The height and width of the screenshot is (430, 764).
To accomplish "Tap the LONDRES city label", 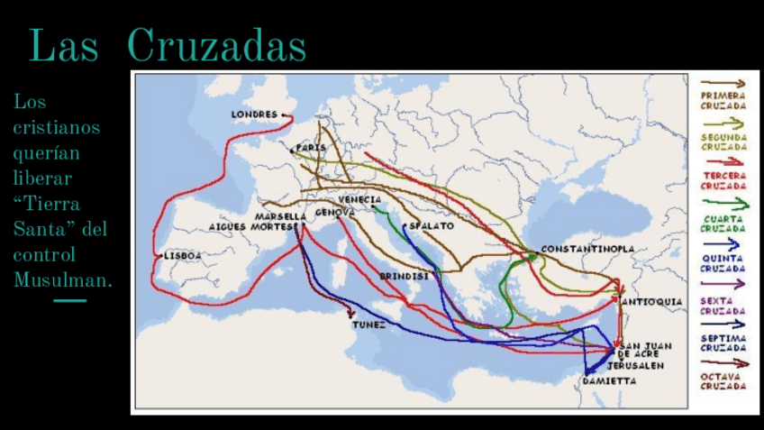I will coord(254,114).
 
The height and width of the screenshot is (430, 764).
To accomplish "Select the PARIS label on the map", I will coord(311,147).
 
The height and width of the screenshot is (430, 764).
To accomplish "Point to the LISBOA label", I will coord(183,256).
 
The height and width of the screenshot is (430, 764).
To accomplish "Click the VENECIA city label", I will coord(359,199).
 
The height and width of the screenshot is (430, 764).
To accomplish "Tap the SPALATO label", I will coord(432,226).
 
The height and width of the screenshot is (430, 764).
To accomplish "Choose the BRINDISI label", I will coord(404,276).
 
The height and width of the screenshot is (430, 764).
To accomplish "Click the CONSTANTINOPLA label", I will coord(587,249).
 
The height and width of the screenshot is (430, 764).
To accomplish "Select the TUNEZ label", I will coord(369,325).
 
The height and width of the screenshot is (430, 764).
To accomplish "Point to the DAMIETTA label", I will coord(609,381).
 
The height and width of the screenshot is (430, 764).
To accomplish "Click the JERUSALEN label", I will coord(635,366).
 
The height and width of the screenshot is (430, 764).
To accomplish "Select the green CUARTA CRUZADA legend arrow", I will coord(723,204).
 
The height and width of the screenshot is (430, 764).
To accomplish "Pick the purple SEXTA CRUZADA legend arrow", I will coord(723,283).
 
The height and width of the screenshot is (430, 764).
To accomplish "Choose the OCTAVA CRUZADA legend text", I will coord(723,380).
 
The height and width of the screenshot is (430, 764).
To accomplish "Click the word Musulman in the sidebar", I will coord(63,280).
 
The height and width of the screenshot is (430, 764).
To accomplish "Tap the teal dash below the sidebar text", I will coord(70,300).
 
